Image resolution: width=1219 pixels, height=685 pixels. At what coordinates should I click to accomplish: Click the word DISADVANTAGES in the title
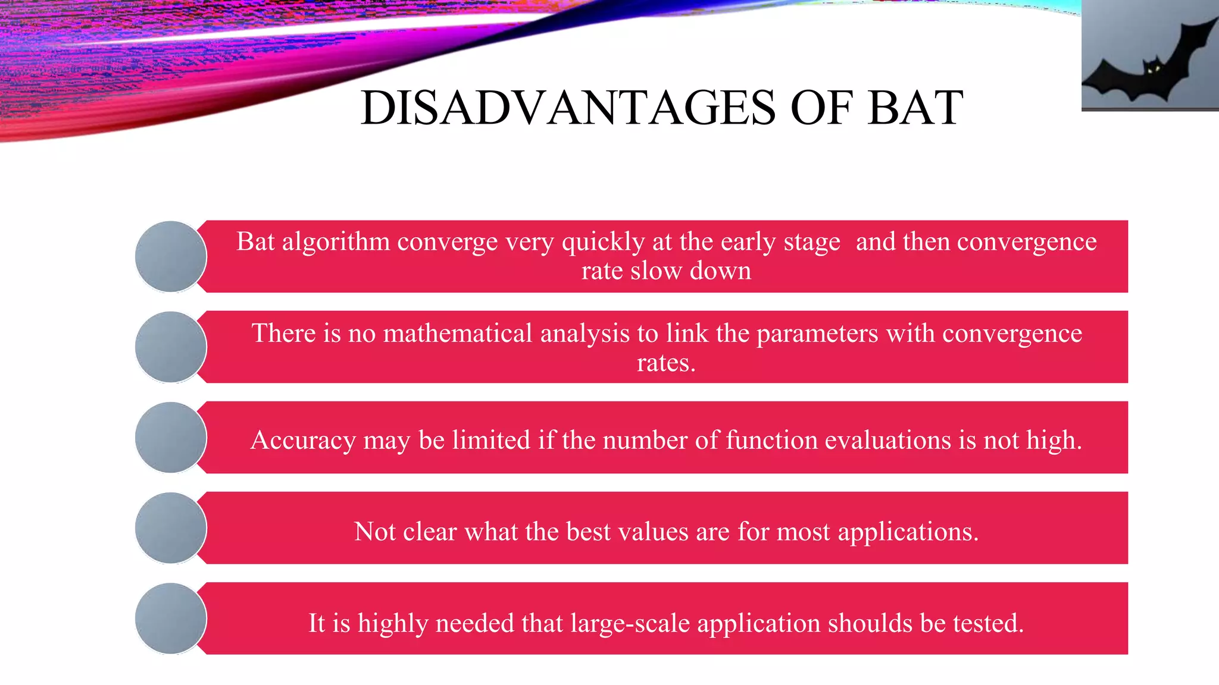[568, 108]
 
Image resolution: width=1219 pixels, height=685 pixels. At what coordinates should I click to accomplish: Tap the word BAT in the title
[915, 108]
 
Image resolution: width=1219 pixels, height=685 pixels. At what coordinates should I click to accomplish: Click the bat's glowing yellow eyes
[1154, 70]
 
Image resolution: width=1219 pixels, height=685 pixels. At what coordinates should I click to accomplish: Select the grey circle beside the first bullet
[171, 256]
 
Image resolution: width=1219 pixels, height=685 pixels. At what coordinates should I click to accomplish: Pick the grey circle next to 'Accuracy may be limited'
[171, 438]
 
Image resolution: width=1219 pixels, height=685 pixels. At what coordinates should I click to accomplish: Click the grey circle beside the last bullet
[171, 618]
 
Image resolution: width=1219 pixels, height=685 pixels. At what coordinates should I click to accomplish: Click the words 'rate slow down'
[666, 271]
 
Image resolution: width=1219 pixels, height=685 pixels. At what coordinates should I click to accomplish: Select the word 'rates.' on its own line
[666, 363]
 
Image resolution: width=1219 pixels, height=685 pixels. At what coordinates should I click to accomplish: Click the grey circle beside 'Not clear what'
[171, 528]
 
